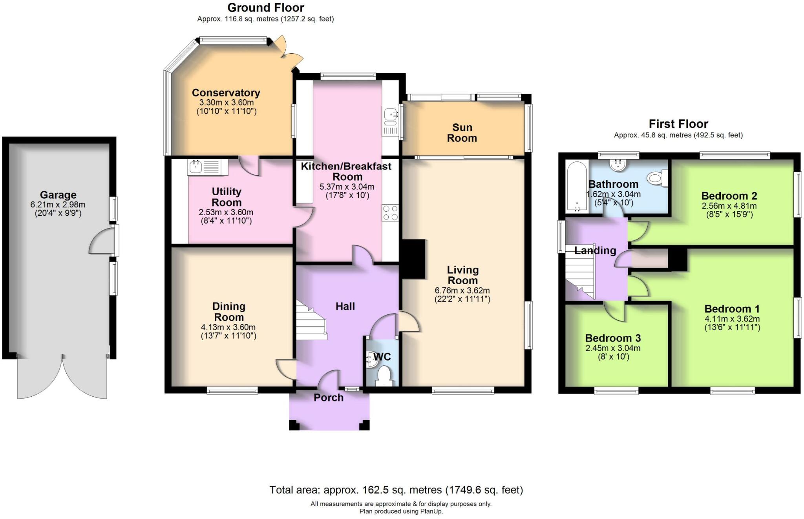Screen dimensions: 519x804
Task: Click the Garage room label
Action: tap(58, 195)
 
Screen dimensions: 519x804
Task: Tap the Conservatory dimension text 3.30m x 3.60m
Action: tap(226, 102)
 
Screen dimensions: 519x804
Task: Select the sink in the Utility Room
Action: tap(196, 167)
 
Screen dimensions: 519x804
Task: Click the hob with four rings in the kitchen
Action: tap(390, 213)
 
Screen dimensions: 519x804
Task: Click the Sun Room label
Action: tap(462, 133)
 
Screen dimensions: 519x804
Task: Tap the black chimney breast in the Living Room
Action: tap(412, 259)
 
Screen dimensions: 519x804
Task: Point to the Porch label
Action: tap(329, 398)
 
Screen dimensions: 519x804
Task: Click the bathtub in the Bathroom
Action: tap(577, 187)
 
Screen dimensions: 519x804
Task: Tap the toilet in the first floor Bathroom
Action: tap(656, 179)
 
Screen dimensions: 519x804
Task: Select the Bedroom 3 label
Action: tap(613, 338)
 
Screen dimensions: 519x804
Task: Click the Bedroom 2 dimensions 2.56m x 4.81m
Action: tap(729, 206)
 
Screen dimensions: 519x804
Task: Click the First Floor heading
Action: tap(678, 124)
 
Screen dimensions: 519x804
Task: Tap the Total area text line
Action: tap(396, 490)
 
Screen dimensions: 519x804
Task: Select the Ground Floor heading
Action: tap(265, 8)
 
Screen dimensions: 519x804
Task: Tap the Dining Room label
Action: tap(228, 312)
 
